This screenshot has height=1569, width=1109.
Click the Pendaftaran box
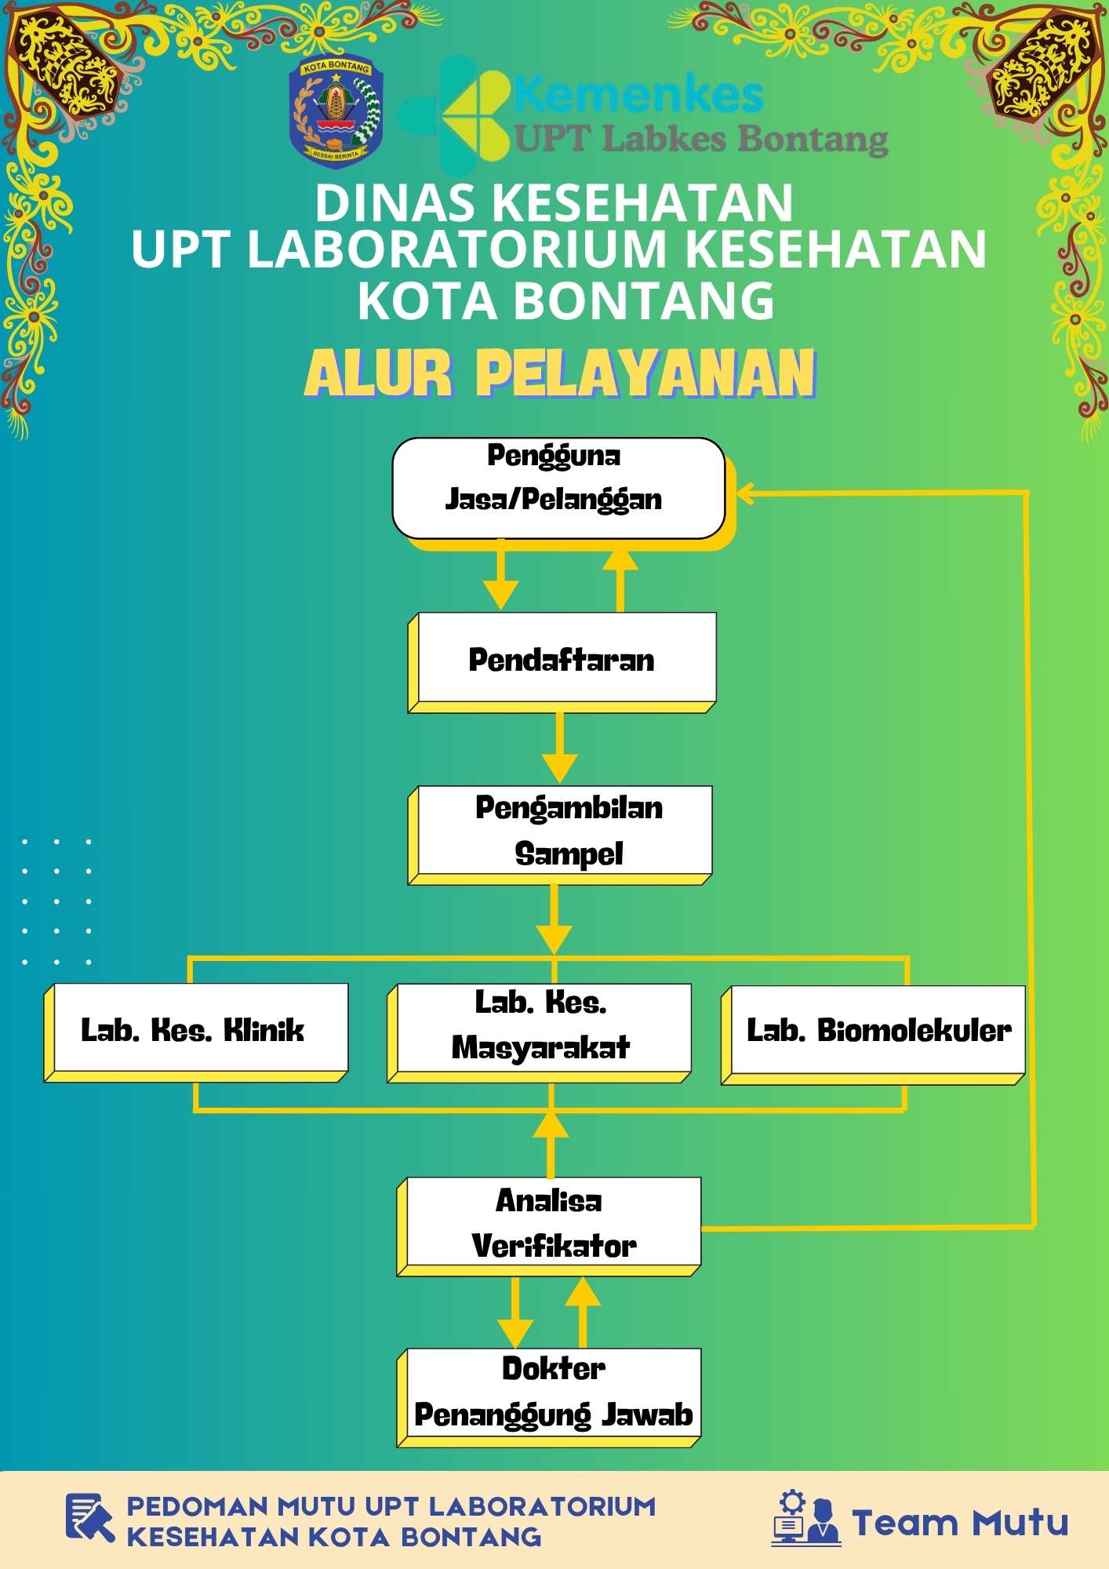tap(562, 662)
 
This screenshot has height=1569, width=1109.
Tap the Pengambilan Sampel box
tap(560, 835)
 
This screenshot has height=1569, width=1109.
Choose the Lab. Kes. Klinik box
tap(196, 1032)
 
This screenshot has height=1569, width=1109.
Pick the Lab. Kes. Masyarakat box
tap(540, 1032)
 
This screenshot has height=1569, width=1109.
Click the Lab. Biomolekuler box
tap(874, 1035)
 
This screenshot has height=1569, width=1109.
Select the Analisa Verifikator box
tap(549, 1226)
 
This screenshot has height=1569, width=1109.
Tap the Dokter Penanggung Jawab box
tap(549, 1397)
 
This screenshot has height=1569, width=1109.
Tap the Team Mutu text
tap(960, 1523)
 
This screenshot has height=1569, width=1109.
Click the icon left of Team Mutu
tap(806, 1517)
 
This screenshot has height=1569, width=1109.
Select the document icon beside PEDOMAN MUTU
tap(89, 1517)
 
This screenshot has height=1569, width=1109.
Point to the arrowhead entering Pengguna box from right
tap(745, 493)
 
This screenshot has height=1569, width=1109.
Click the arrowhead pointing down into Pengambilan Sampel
tap(559, 768)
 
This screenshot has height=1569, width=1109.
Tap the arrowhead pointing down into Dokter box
tap(515, 1333)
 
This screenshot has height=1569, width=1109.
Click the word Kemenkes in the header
tap(638, 95)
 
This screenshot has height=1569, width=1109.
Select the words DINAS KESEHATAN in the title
tap(554, 202)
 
